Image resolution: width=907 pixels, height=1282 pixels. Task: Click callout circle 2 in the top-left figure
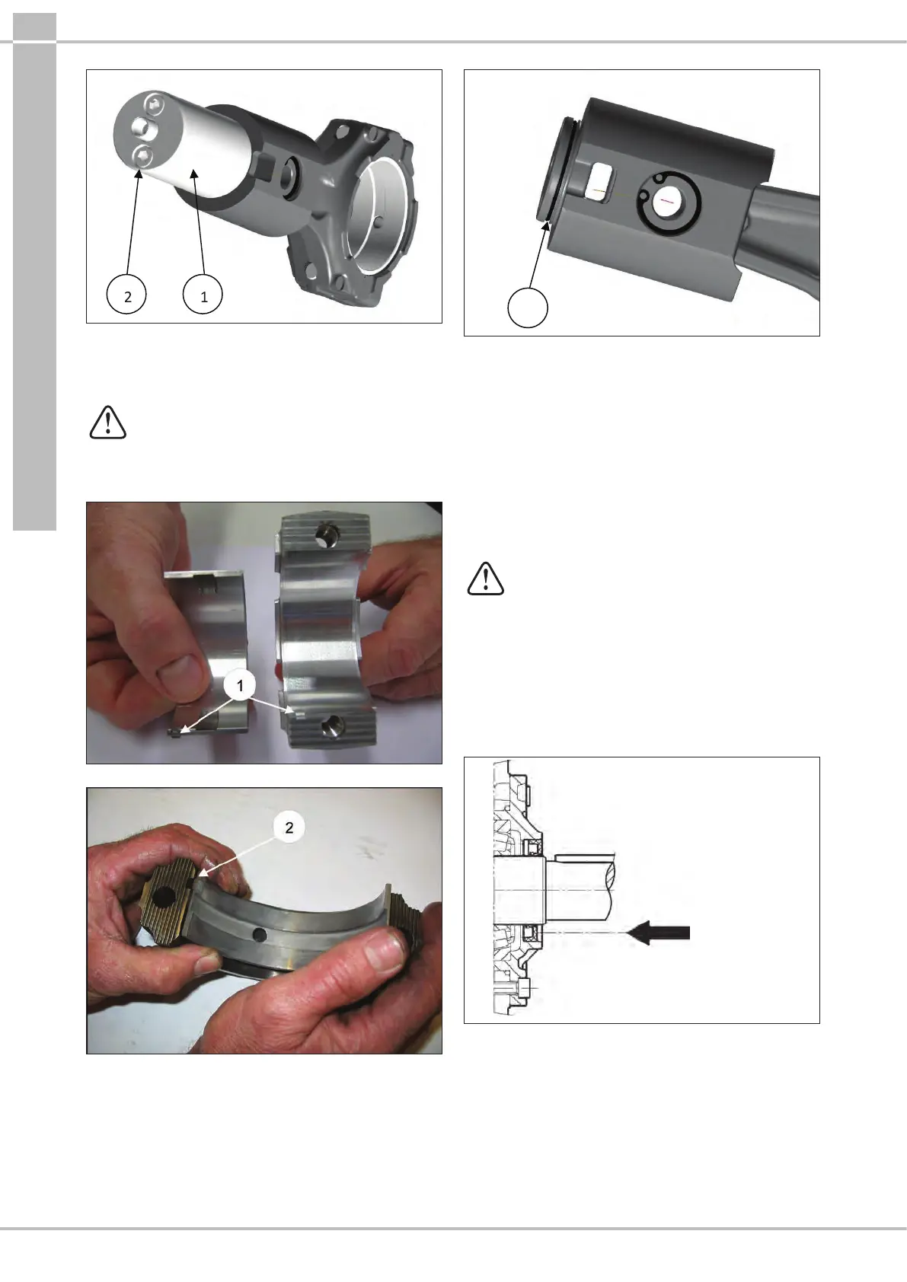tap(126, 295)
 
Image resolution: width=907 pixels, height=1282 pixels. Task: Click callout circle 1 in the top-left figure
tap(203, 295)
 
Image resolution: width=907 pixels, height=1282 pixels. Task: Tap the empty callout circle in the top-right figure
tap(528, 308)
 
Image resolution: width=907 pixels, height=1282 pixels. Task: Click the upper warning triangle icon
tap(107, 423)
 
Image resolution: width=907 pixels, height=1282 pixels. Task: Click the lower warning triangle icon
tap(486, 579)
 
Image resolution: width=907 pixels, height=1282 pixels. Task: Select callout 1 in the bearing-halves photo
tap(240, 685)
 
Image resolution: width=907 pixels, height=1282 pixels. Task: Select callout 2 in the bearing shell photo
tap(289, 828)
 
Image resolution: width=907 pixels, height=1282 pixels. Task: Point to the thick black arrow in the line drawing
tap(658, 933)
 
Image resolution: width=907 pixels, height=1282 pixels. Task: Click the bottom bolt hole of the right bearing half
tap(330, 728)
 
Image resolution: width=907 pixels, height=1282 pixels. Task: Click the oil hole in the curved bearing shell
tap(261, 935)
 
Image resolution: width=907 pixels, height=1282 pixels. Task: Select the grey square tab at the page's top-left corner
tap(34, 27)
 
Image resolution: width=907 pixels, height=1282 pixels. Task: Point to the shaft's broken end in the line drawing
tap(613, 887)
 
